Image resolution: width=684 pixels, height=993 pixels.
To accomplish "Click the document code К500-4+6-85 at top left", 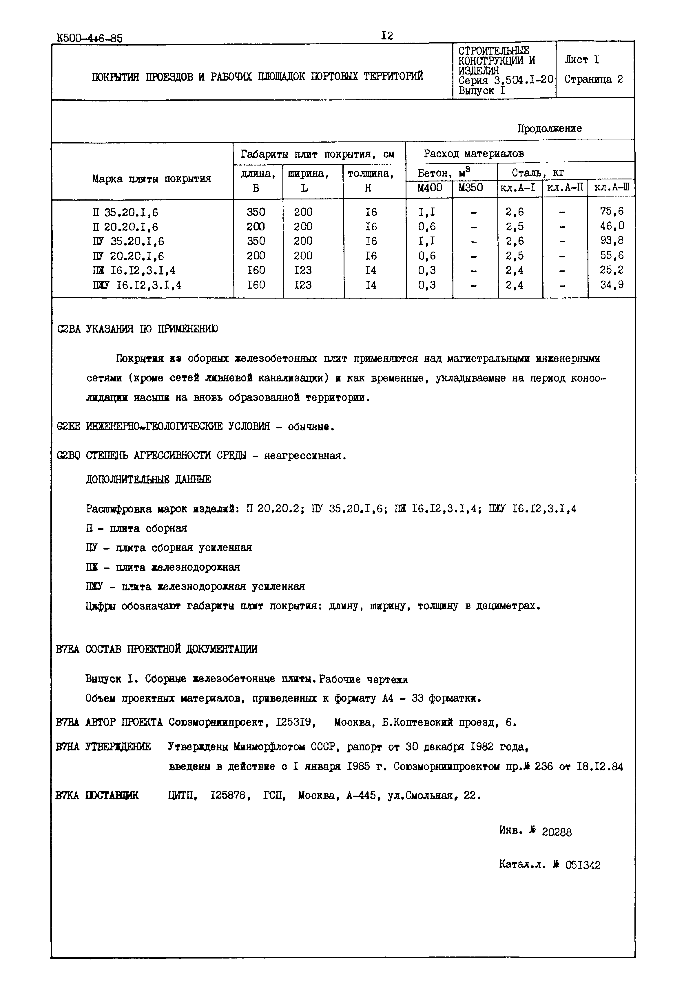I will point(89,39).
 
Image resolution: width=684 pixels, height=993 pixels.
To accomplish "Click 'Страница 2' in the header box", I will point(594,79).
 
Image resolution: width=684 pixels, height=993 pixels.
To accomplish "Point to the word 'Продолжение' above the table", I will point(549,128).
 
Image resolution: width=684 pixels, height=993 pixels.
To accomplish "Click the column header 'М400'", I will point(429,188).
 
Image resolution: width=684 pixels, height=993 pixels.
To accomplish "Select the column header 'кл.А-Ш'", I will point(612,188).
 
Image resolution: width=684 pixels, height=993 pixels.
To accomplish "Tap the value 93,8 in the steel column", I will point(612,241).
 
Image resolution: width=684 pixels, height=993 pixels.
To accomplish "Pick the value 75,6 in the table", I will point(612,211).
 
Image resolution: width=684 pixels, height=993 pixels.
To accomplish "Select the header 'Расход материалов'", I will point(474,154).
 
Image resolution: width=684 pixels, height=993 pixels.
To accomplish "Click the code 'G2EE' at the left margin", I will point(68,427).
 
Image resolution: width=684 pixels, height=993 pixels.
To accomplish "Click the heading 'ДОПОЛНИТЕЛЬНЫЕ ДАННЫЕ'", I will point(148,479).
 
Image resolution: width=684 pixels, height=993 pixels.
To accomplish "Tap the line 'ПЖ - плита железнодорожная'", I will point(163,567).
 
